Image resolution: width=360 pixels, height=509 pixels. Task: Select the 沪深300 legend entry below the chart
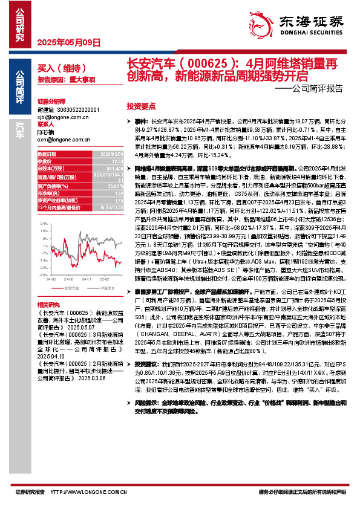[x=97, y=289]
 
